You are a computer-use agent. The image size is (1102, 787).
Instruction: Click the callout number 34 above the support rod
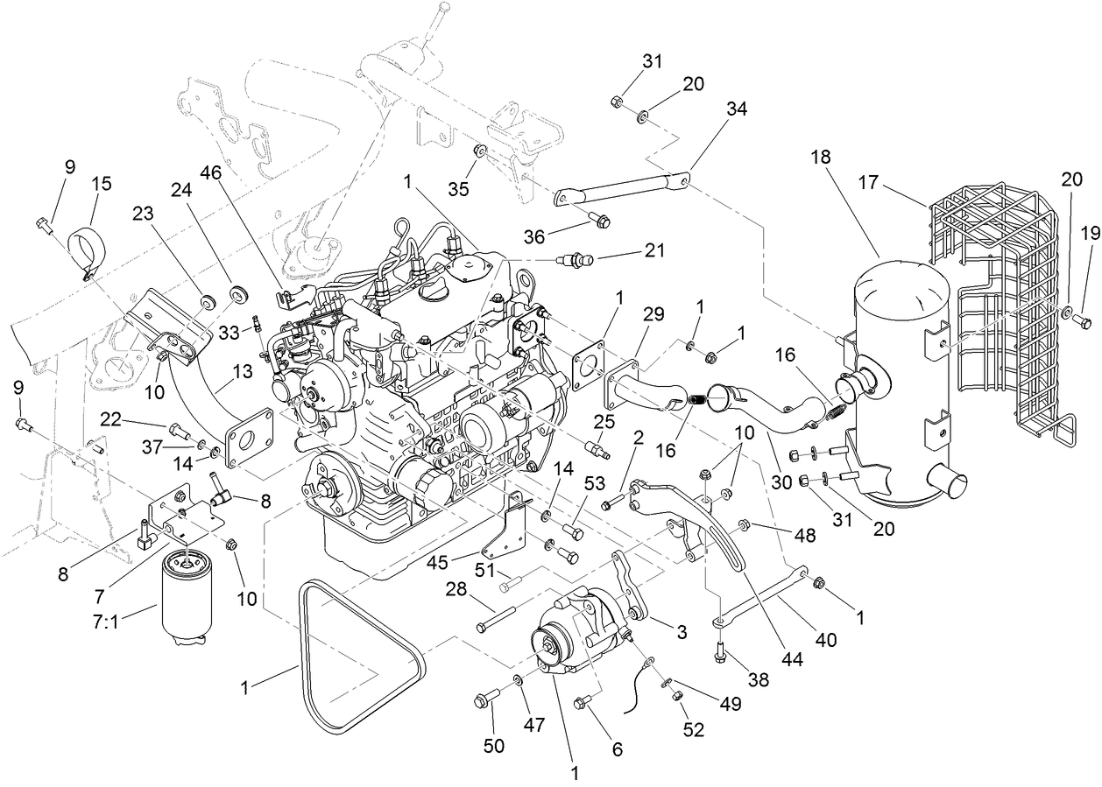click(x=738, y=109)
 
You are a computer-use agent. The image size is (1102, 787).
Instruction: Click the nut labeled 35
click(x=480, y=151)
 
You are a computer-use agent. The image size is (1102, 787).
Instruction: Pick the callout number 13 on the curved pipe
click(x=243, y=371)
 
